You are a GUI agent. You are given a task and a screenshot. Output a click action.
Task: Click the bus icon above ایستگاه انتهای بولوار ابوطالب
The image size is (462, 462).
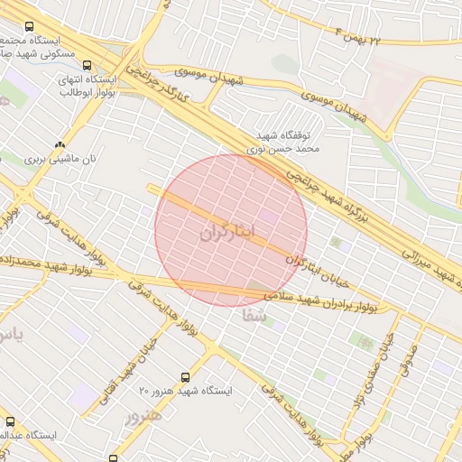coord(87,64)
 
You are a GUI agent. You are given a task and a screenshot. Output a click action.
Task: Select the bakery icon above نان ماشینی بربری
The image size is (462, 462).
coord(60,144)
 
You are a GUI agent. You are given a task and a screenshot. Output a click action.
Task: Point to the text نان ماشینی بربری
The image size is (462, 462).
coord(60,159)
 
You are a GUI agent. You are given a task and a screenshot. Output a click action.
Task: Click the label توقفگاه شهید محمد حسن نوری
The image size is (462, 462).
coord(285,137)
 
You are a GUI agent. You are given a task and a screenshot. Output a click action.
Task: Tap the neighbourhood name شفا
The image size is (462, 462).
coord(254,316)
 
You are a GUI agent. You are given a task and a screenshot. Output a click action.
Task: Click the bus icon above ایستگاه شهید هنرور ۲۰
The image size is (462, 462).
coord(186,376)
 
